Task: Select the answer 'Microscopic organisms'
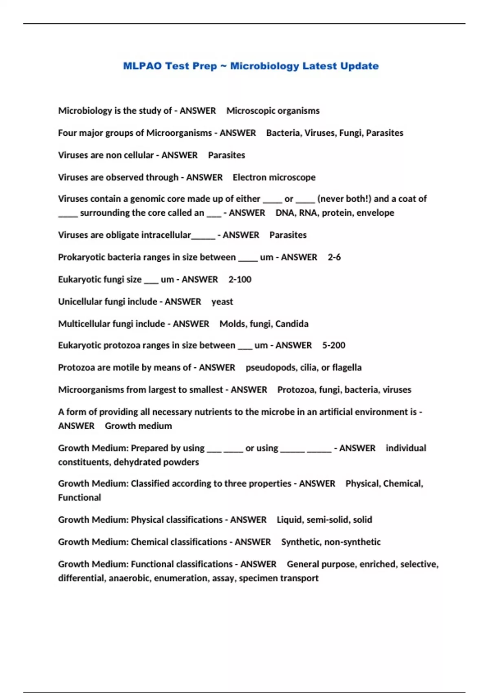(273, 111)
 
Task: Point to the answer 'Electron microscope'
(274, 177)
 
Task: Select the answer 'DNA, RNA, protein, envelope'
(335, 213)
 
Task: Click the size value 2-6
(334, 257)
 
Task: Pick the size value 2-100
(240, 280)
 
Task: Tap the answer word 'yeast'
(222, 302)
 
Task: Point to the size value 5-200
(333, 345)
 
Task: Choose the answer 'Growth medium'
(138, 426)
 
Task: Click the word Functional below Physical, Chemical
(79, 498)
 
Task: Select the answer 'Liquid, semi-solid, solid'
(324, 520)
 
